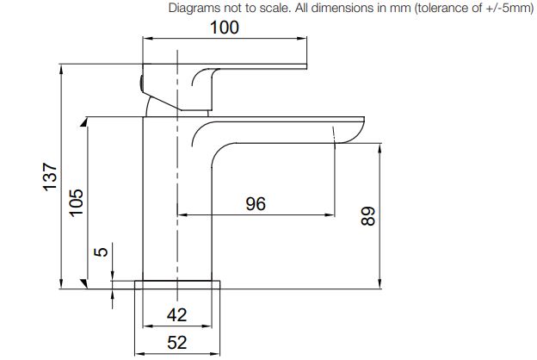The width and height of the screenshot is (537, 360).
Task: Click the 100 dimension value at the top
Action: pyautogui.click(x=225, y=28)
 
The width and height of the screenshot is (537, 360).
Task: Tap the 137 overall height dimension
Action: pyautogui.click(x=50, y=177)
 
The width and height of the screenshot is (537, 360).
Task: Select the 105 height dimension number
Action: pyautogui.click(x=76, y=202)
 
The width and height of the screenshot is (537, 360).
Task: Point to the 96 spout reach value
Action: pyautogui.click(x=256, y=203)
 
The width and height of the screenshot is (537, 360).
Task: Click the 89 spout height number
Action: pyautogui.click(x=368, y=216)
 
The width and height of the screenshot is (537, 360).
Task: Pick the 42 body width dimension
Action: pyautogui.click(x=176, y=314)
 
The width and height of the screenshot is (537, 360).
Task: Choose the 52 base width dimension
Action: pyautogui.click(x=177, y=343)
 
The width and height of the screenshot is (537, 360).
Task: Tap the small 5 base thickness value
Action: pyautogui.click(x=101, y=252)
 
